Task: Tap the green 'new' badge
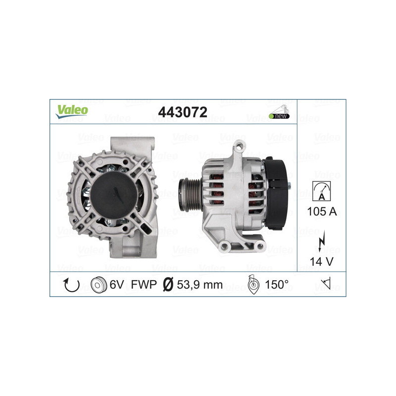coord(279,116)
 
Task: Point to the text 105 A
coord(322,212)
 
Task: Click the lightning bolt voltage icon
coord(322,243)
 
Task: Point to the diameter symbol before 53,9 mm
coord(167,285)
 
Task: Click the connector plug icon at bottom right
coord(322,285)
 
